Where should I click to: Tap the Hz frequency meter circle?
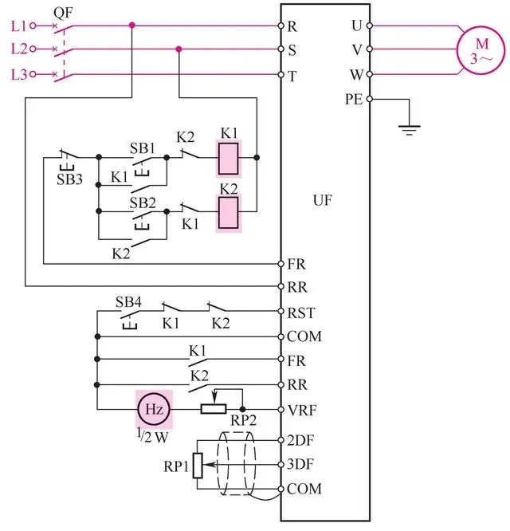pos(153,408)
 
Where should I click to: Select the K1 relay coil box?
pos(229,158)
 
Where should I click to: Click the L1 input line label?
pos(19,26)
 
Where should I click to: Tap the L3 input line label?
pos(19,74)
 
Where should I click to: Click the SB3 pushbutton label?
pos(69,179)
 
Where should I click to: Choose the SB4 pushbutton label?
pos(127,301)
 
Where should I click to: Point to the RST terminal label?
pos(304,312)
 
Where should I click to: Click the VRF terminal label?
pos(304,409)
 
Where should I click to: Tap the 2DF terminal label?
pos(304,439)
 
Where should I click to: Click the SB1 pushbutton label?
pos(143,149)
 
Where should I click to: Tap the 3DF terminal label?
pos(304,463)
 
